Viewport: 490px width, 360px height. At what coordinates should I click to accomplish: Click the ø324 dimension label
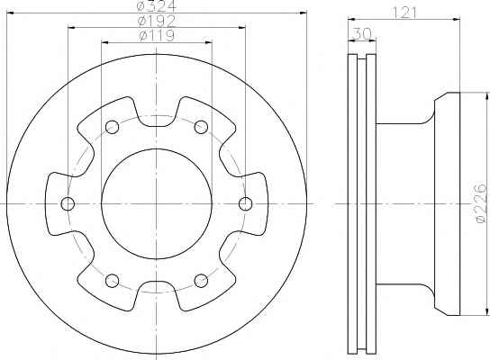click(157, 5)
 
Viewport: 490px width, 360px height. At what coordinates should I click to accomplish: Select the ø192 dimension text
click(157, 21)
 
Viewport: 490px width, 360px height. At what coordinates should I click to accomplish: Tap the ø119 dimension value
click(157, 36)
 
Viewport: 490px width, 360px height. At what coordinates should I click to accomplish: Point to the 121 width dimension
click(404, 13)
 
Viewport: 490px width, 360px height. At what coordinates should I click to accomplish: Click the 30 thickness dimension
click(362, 33)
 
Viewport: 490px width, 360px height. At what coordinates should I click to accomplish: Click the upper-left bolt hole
click(112, 127)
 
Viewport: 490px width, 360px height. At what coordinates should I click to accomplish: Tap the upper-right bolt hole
click(201, 127)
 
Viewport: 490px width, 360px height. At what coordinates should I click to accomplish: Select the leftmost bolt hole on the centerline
click(68, 204)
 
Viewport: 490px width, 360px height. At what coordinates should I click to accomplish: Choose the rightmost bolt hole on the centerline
click(245, 204)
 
